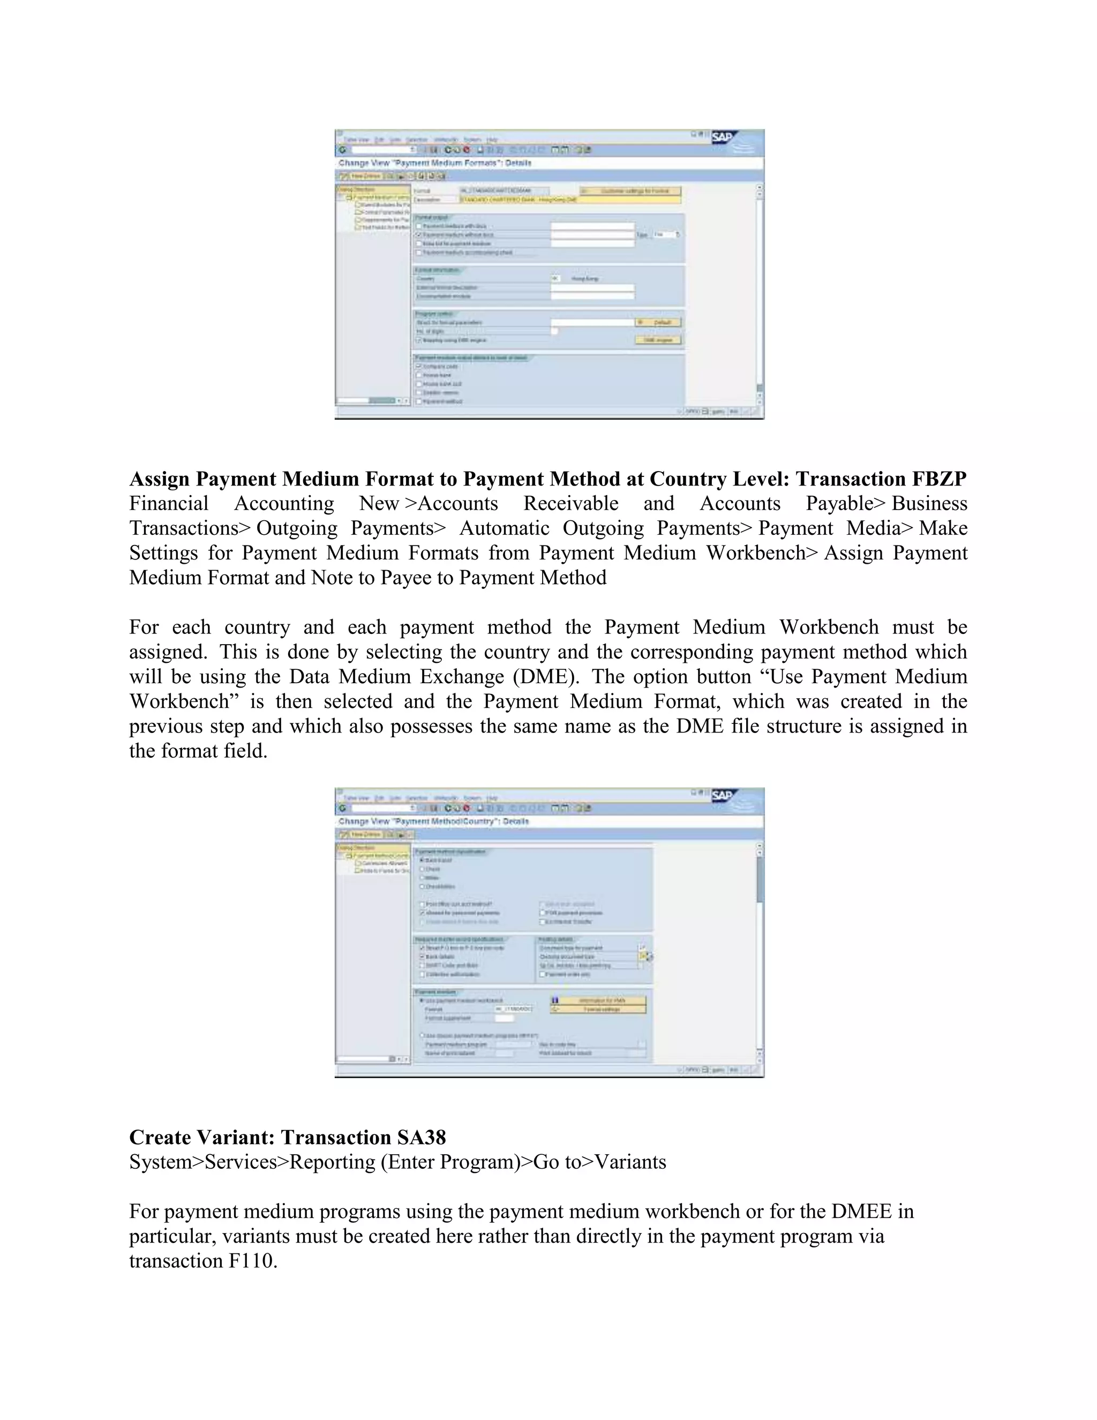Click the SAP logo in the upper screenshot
(x=722, y=137)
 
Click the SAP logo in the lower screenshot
(x=722, y=796)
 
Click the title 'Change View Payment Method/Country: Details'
(x=433, y=821)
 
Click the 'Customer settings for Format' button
(x=630, y=191)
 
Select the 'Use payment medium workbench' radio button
(x=423, y=1000)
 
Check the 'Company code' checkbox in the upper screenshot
(x=419, y=366)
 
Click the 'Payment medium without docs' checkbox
(x=419, y=235)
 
